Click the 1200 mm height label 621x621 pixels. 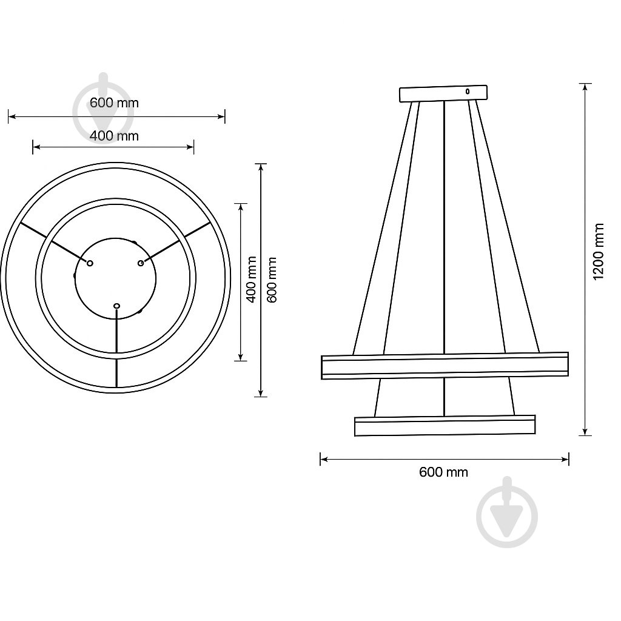(x=599, y=252)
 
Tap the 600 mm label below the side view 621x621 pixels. (x=443, y=472)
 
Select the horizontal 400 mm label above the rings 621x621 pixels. (x=114, y=136)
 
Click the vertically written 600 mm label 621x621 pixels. (x=272, y=280)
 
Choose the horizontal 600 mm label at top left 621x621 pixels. (x=114, y=102)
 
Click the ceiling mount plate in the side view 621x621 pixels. (x=443, y=93)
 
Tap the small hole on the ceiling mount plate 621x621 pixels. (x=467, y=92)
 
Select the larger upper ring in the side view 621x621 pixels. (x=445, y=366)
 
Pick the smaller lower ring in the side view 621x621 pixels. (x=445, y=426)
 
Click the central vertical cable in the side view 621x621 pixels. (x=445, y=230)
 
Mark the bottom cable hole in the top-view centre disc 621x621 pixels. (x=117, y=306)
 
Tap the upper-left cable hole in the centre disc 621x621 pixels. (x=90, y=263)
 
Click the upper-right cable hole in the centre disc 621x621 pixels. (x=141, y=263)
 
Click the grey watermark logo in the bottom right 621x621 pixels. (x=507, y=512)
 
